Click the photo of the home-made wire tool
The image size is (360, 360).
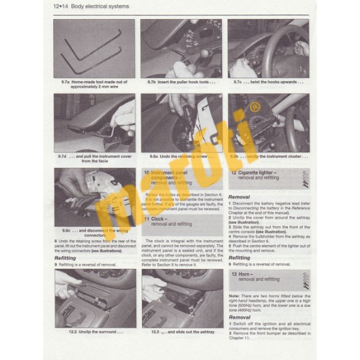point(94,48)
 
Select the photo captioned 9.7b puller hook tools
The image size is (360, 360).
point(181,48)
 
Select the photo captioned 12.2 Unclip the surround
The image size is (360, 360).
point(94,298)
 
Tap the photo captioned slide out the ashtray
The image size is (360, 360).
point(181,298)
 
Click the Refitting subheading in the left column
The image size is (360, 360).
point(65,258)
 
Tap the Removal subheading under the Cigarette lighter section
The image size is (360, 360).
point(239,196)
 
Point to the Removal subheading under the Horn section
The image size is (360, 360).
point(239,317)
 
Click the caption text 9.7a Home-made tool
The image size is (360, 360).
point(94,84)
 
